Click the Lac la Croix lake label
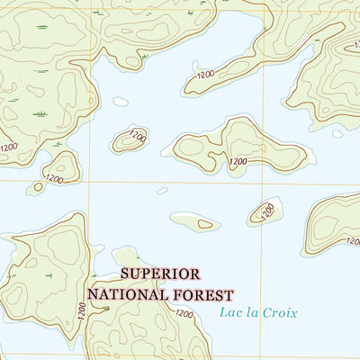tap(257, 313)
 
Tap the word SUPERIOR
tap(159, 274)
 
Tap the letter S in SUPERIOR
tap(124, 274)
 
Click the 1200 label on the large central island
tap(238, 162)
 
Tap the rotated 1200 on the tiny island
tap(267, 211)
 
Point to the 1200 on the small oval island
tap(137, 135)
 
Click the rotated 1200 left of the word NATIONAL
tap(82, 311)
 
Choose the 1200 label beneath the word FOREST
tap(184, 314)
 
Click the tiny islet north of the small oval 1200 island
tap(121, 102)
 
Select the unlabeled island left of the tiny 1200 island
tap(194, 221)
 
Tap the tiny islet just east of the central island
tap(337, 133)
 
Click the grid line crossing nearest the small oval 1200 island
tap(89, 183)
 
